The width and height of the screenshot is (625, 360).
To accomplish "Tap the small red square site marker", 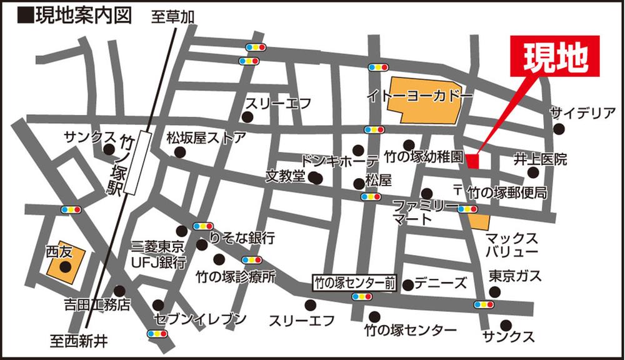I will (x=472, y=162).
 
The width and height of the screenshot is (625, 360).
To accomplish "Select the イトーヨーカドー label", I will (x=419, y=96).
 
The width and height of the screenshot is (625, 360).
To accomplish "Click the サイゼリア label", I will (x=583, y=113).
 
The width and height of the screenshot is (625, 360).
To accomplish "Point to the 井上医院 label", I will (x=541, y=159).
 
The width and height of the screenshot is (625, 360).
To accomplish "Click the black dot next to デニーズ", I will (x=408, y=285).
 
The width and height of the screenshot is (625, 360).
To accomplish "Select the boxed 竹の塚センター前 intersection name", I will (x=354, y=283).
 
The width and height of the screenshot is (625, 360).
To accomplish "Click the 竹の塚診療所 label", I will (x=235, y=276).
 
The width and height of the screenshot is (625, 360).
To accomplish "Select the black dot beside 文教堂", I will (x=316, y=178).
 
